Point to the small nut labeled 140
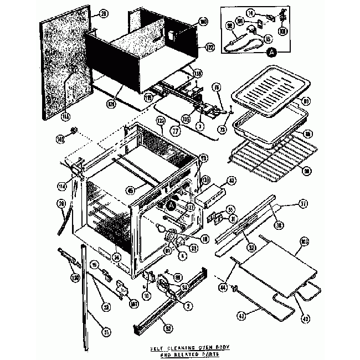[x=72, y=132]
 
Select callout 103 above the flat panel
[x=304, y=242]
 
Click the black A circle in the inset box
[x=271, y=53]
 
